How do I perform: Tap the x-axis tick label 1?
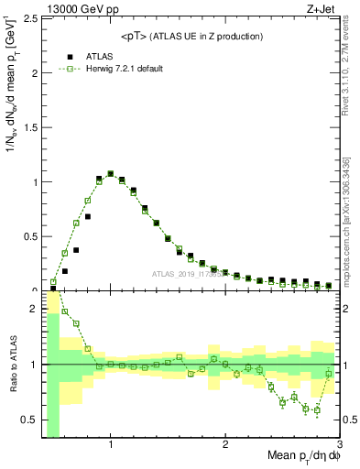(x=111, y=444)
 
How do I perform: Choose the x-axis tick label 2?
(x=225, y=444)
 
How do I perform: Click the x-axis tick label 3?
(x=339, y=444)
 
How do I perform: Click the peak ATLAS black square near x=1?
(x=111, y=173)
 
